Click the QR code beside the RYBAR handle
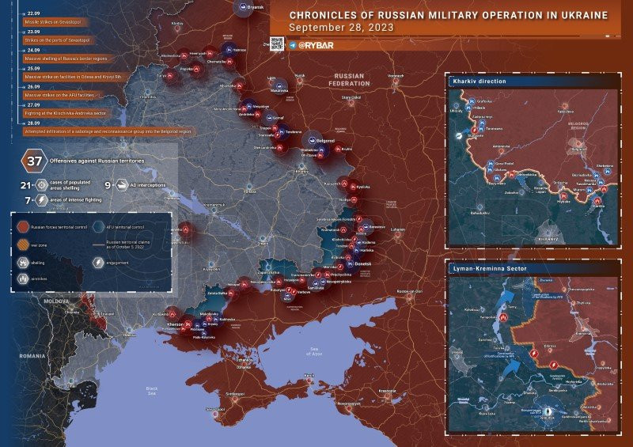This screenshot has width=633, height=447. (x=277, y=44)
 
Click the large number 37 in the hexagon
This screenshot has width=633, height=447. (x=34, y=161)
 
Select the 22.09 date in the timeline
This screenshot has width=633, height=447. (x=33, y=14)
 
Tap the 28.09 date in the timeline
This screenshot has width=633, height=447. (x=33, y=123)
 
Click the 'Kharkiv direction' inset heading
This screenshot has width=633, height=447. (x=479, y=81)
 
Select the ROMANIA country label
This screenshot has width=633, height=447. (x=32, y=356)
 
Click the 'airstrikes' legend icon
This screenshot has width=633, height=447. (x=22, y=278)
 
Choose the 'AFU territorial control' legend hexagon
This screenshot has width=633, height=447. (x=99, y=227)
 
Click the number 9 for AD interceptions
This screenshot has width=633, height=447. (x=107, y=185)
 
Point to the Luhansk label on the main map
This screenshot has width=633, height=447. (x=397, y=230)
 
